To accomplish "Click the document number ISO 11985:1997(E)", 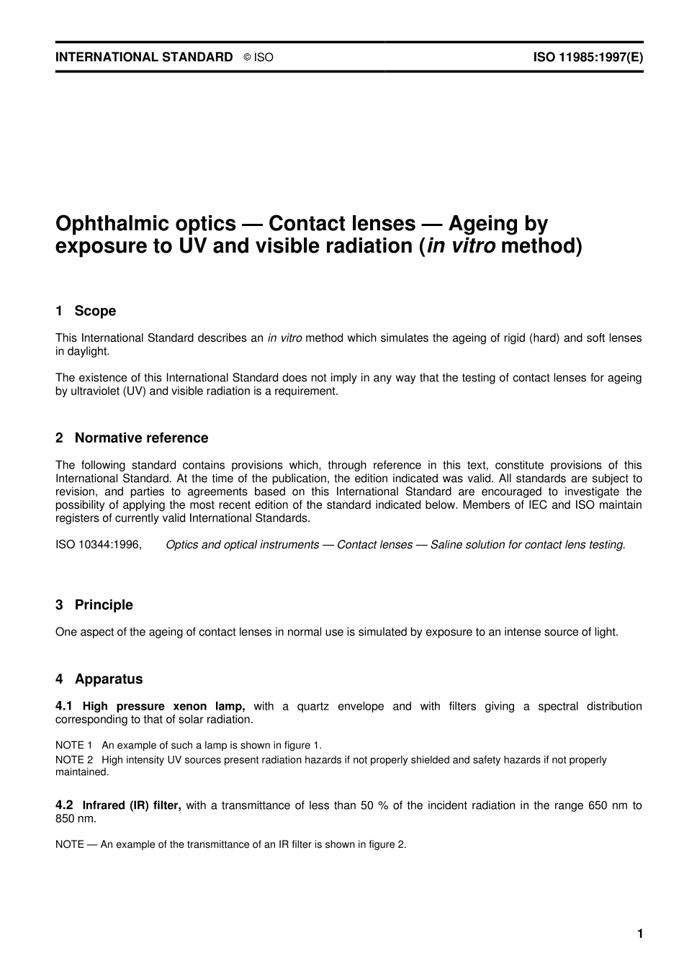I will pos(588,57).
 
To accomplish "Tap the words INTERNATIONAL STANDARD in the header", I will pos(144,57).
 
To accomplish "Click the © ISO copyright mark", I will pos(258,58).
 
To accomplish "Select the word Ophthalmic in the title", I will pos(106,224).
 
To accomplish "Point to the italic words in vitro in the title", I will pos(461,246).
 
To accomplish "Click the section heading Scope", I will pos(95,311).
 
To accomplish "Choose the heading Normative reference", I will pos(141,438).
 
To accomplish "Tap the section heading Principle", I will pos(104,605).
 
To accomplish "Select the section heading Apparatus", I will pos(109,679).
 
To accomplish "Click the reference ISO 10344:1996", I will pos(99,545).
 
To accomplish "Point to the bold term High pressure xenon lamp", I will pos(164,706).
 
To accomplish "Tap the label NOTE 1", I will pos(74,745).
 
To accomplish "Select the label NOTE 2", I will pos(74,759).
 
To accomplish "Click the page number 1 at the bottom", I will pos(639,933).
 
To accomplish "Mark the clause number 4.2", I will pos(64,805).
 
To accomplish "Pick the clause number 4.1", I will pos(64,706).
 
